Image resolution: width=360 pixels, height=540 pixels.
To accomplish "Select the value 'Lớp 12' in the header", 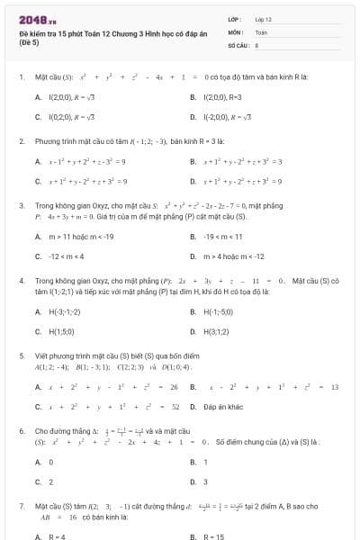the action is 263,18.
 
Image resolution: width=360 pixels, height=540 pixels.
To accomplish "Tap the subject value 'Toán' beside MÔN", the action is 261,31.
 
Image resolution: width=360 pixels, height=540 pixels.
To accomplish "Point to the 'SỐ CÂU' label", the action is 238,43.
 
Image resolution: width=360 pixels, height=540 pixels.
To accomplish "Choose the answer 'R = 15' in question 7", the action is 214,536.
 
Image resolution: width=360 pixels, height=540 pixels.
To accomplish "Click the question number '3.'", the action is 22,205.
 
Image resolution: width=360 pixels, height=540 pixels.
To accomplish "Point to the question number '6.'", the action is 22,431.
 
